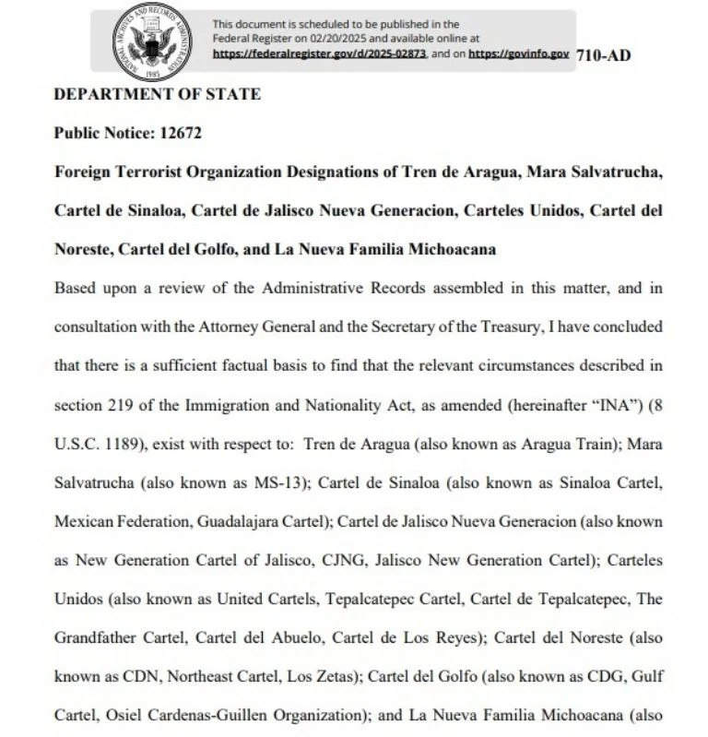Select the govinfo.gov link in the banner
tap(519, 54)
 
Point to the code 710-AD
tap(603, 54)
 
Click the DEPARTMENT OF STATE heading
tap(158, 94)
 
